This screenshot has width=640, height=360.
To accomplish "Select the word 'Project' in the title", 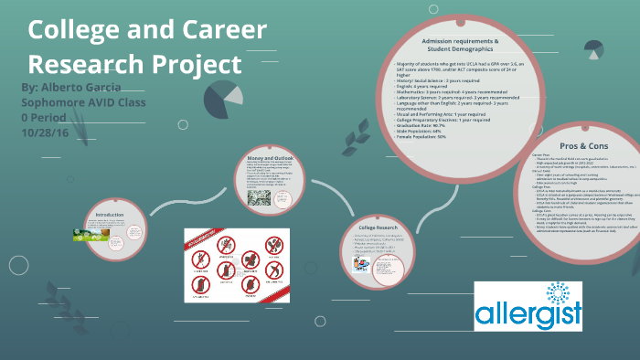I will click(x=197, y=66).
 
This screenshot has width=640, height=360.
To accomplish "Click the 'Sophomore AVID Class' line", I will click(x=83, y=101).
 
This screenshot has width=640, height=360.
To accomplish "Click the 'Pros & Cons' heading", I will click(x=581, y=145).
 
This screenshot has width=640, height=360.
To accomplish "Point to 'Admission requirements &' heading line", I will click(x=460, y=42).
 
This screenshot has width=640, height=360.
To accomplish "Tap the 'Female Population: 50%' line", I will click(x=432, y=136).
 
